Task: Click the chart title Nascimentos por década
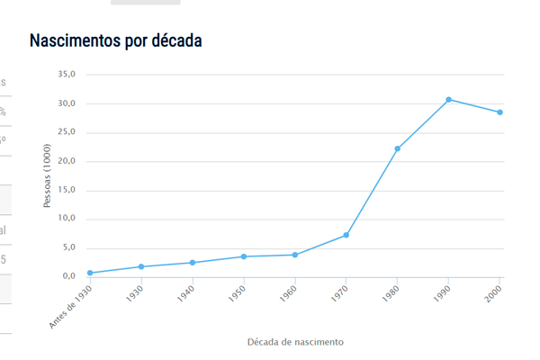pos(116,41)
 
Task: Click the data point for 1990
pos(448,99)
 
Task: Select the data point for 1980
pos(397,148)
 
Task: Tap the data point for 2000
pos(499,112)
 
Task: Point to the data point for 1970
pos(346,235)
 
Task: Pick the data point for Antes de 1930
pos(90,273)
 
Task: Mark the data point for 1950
pos(243,256)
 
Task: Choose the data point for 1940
pos(193,263)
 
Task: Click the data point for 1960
pos(294,255)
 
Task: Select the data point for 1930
pos(141,266)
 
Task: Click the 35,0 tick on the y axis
pos(67,75)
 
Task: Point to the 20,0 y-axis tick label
pos(67,161)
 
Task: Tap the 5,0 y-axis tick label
pos(69,247)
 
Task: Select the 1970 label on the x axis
pos(338,294)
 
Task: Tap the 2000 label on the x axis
pos(492,294)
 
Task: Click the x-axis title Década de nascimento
pos(295,342)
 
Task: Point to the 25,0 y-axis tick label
pos(67,132)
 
